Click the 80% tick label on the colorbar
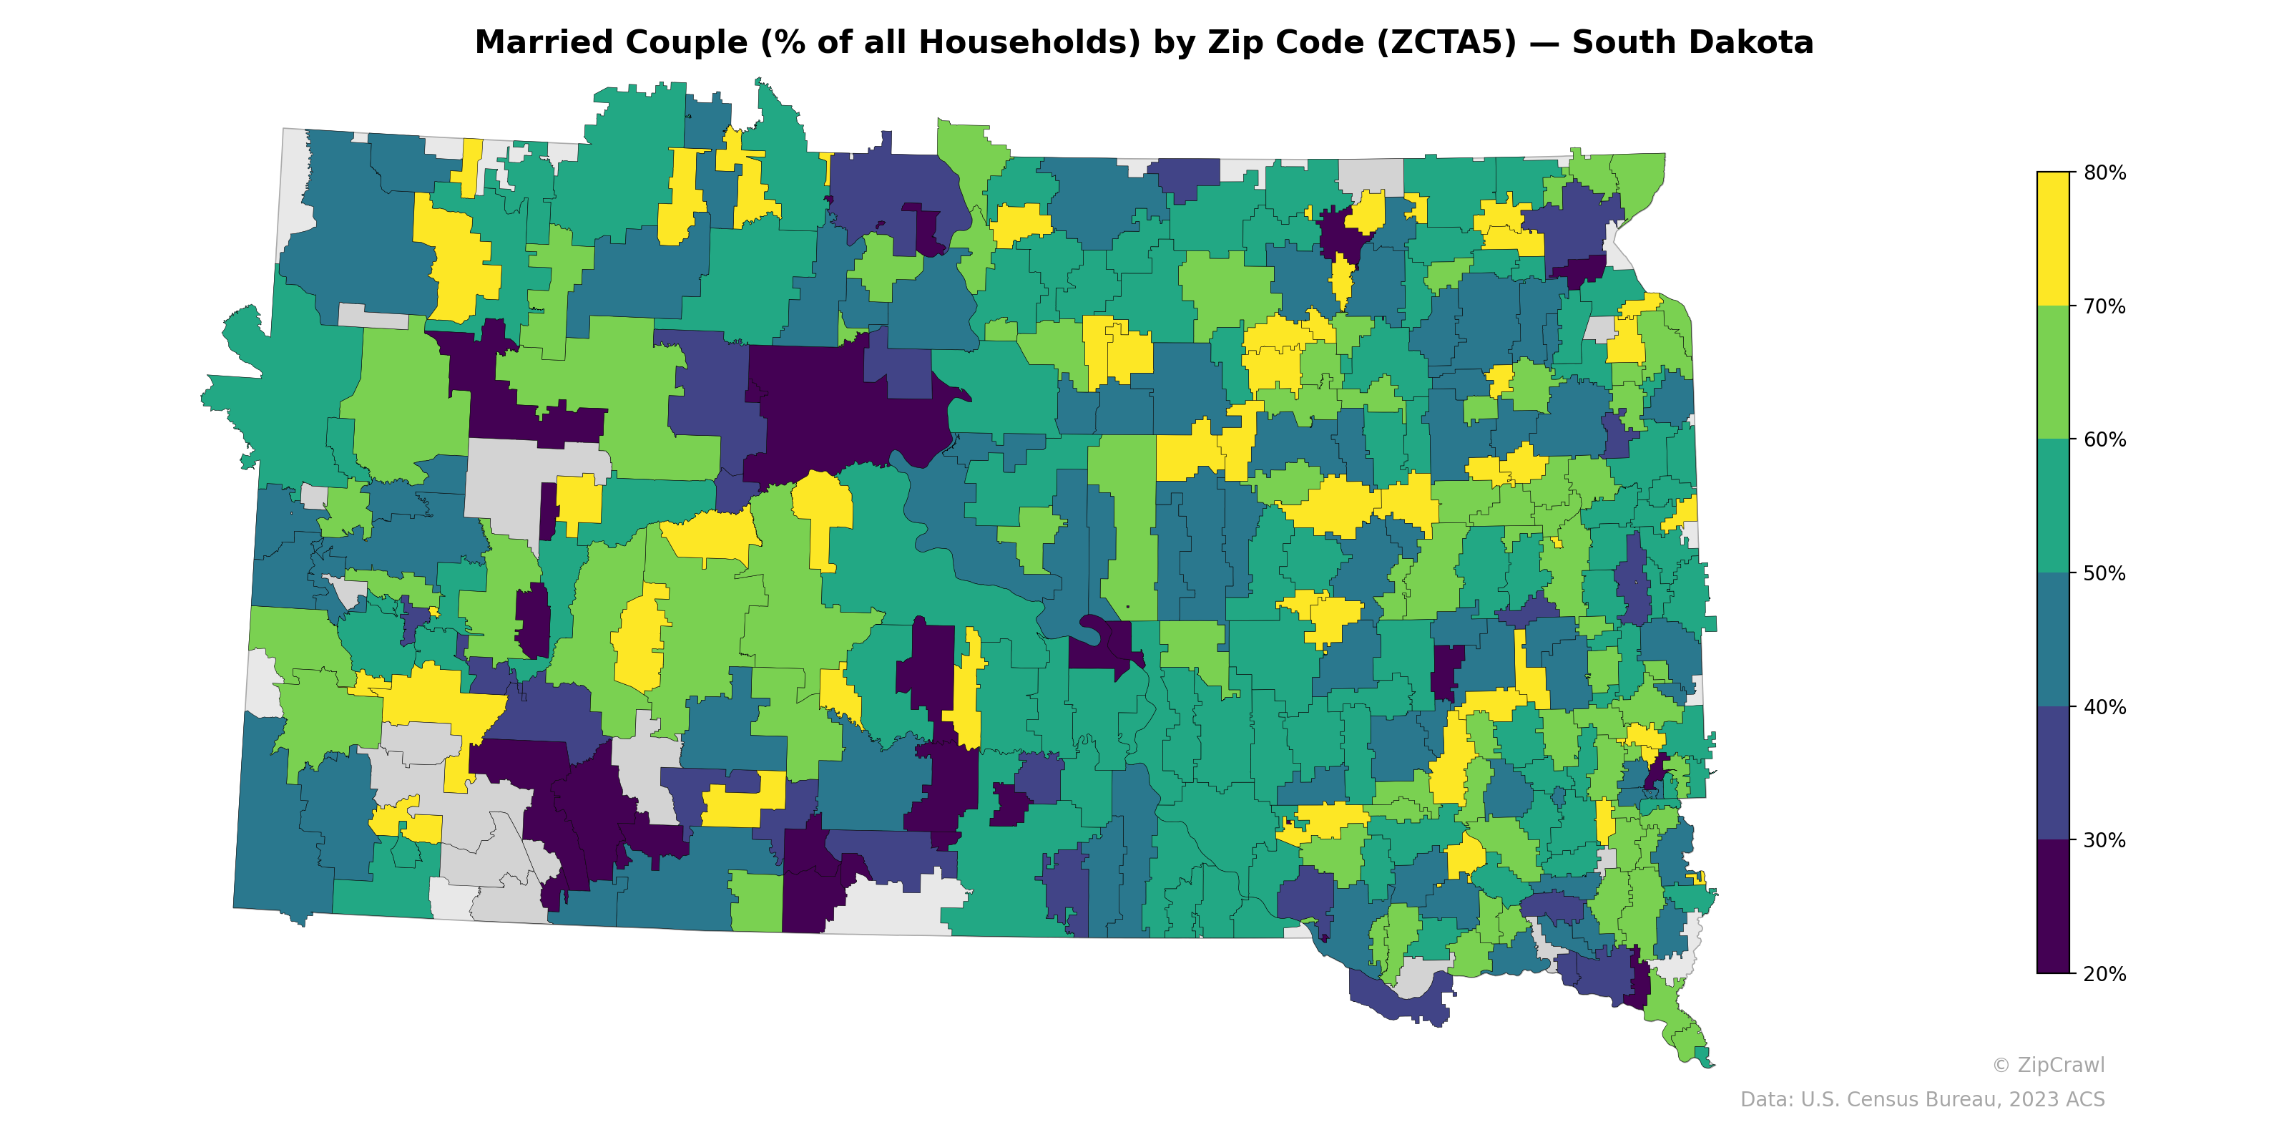point(2104,172)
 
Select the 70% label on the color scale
point(2104,307)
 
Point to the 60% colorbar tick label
point(2104,440)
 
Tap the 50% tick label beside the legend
point(2104,573)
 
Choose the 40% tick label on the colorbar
point(2104,708)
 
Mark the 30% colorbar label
point(2104,841)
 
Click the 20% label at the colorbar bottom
point(2104,974)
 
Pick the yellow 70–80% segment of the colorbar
point(2053,239)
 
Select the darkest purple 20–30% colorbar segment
point(2053,907)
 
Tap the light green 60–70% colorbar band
point(2053,374)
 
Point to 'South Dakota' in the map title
point(1692,43)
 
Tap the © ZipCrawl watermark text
point(2048,1065)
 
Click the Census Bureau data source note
point(1922,1100)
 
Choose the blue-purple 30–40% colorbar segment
point(2053,774)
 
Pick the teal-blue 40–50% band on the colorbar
point(2053,640)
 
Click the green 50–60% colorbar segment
point(2053,507)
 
